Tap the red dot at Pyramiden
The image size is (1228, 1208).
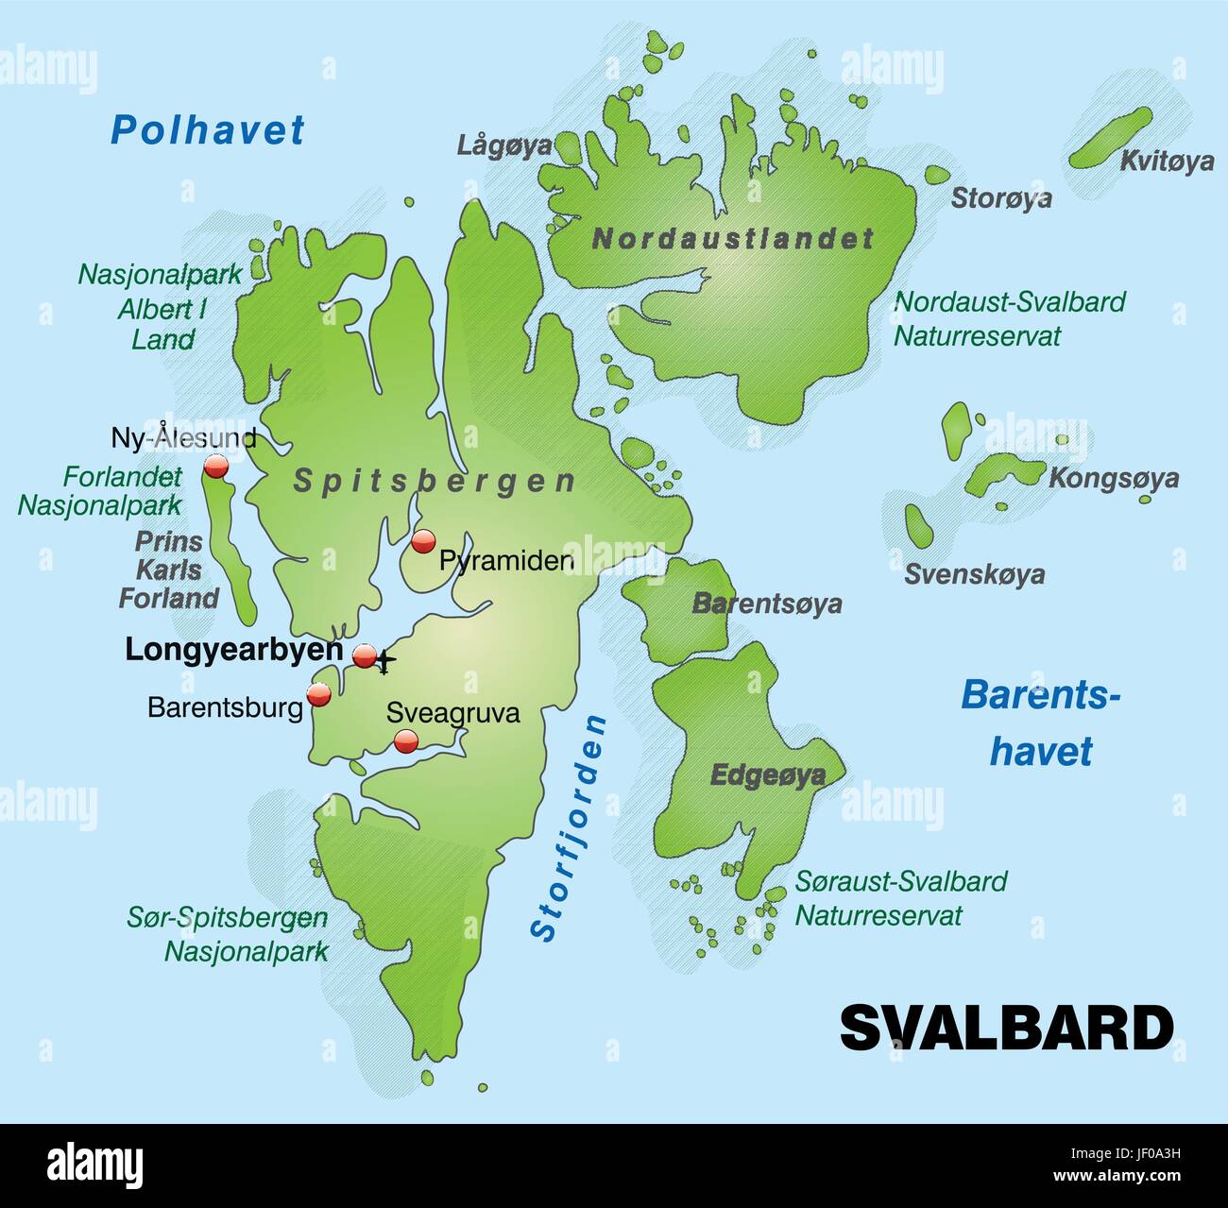pyautogui.click(x=423, y=541)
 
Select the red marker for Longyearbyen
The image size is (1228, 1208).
pyautogui.click(x=365, y=655)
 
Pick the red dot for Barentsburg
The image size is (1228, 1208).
pyautogui.click(x=319, y=694)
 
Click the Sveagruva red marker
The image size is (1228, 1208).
pyautogui.click(x=406, y=740)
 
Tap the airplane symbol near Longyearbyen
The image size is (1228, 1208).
pyautogui.click(x=384, y=663)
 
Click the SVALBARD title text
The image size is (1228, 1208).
pyautogui.click(x=1006, y=1028)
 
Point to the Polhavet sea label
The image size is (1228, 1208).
pyautogui.click(x=208, y=130)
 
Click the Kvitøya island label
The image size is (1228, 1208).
pyautogui.click(x=1167, y=162)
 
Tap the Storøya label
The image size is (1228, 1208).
pyautogui.click(x=1000, y=198)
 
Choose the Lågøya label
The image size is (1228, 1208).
pyautogui.click(x=504, y=145)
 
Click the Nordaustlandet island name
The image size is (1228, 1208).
pyautogui.click(x=733, y=239)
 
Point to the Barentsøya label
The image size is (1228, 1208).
pyautogui.click(x=767, y=604)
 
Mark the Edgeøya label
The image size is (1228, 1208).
pyautogui.click(x=767, y=775)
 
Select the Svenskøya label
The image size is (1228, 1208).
pyautogui.click(x=974, y=574)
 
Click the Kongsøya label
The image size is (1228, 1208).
pyautogui.click(x=1114, y=478)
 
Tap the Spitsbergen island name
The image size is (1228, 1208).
pyautogui.click(x=435, y=481)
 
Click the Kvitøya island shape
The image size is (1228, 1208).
pyautogui.click(x=1110, y=138)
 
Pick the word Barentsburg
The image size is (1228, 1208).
pyautogui.click(x=225, y=707)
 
